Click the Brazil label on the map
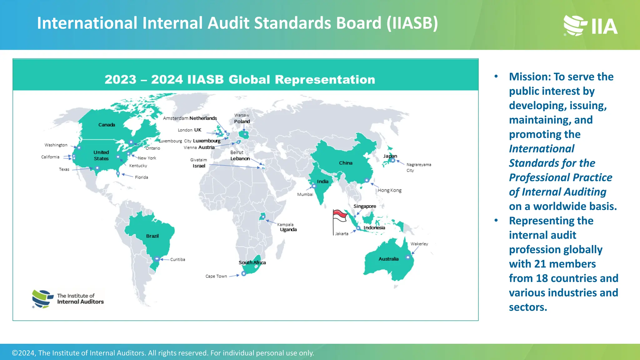152,236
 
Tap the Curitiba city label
177,259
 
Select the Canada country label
107,125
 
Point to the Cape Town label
216,276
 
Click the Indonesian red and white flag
340,216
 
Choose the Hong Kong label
389,190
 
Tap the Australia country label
388,259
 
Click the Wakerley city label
419,244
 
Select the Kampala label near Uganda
285,224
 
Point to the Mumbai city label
305,194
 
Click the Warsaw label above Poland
242,115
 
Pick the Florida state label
141,177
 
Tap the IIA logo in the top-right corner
590,26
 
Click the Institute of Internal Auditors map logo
68,299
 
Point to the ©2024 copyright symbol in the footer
15,353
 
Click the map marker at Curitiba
157,259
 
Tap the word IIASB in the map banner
205,80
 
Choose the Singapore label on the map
364,206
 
